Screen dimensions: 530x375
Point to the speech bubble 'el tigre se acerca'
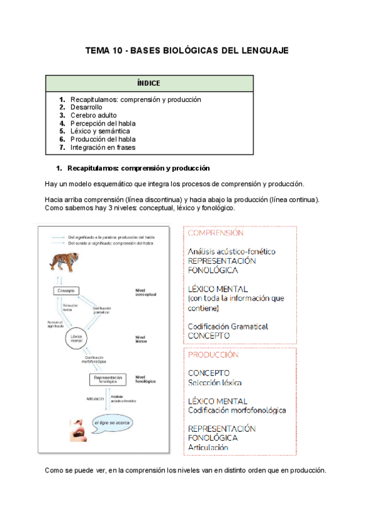pos(114,422)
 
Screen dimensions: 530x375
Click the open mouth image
pos(78,431)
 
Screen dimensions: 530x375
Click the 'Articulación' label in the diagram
pos(90,398)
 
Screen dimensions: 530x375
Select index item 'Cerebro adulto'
pos(94,116)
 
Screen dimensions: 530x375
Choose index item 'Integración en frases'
pos(102,148)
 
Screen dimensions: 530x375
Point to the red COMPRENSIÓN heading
pos(215,232)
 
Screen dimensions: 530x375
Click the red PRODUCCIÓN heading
pos(212,354)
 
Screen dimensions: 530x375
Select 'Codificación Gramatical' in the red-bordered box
pos(227,326)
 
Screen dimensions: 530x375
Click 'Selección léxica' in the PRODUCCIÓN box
pos(215,382)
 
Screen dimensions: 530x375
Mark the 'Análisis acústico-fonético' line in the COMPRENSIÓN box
pos(231,251)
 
